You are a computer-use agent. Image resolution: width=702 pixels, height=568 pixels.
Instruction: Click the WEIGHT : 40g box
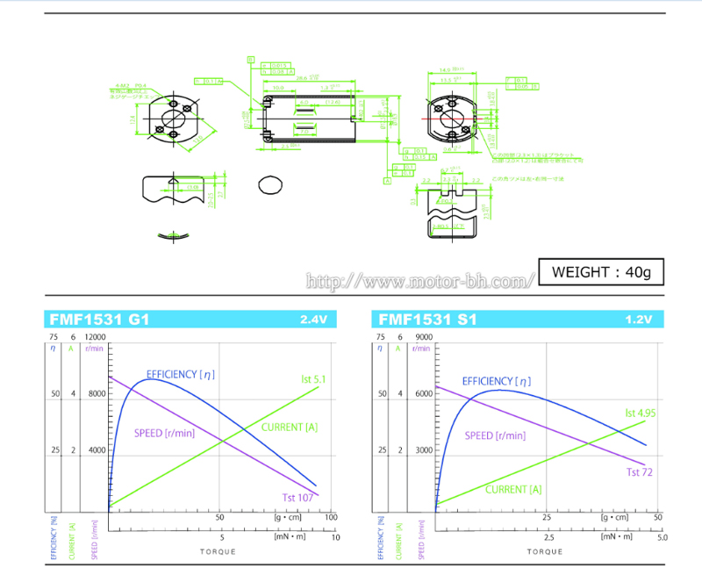[601, 272]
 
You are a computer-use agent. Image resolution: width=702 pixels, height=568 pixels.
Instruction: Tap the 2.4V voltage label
[312, 320]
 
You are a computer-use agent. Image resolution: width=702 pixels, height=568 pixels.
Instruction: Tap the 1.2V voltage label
[638, 320]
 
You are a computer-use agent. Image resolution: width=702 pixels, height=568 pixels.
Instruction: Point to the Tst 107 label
[298, 498]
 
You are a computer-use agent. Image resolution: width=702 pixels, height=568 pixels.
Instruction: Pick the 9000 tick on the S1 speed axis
[422, 337]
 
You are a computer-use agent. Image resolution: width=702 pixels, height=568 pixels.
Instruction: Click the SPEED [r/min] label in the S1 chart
[495, 435]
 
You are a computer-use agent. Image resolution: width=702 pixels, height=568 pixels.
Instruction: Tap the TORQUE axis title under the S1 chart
[545, 550]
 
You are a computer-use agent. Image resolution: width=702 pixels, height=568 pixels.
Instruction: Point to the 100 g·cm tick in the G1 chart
[332, 518]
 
